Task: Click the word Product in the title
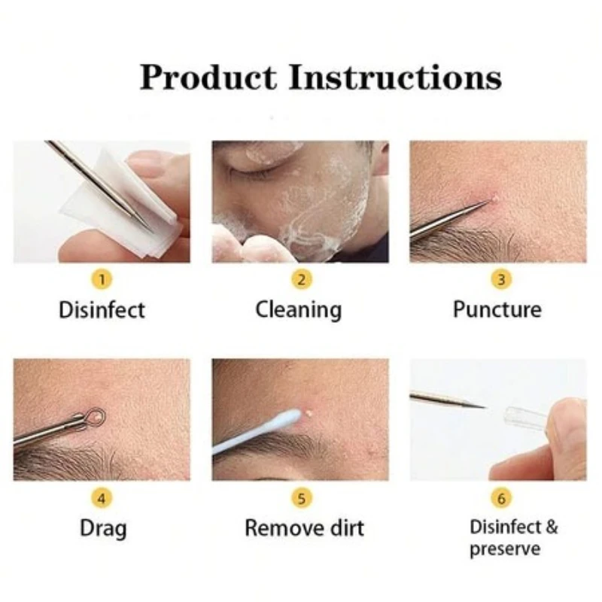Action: point(208,78)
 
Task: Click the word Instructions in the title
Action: point(396,78)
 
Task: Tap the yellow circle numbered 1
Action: point(103,280)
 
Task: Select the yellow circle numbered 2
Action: point(301,280)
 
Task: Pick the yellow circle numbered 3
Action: point(500,280)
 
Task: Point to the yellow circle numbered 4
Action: point(103,497)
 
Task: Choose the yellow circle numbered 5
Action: point(301,497)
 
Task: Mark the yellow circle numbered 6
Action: point(500,497)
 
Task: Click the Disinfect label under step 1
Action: point(102,309)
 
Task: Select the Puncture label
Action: point(497,309)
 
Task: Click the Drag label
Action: point(103,528)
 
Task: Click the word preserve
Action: point(505,549)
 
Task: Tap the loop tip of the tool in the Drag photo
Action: point(93,415)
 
